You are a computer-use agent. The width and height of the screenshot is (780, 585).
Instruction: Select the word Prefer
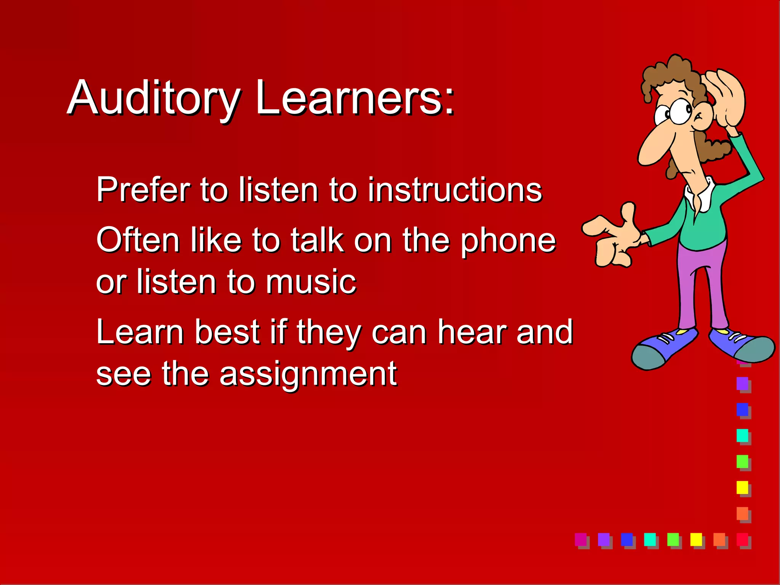tap(143, 189)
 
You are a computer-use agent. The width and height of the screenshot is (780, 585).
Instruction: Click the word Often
tap(138, 240)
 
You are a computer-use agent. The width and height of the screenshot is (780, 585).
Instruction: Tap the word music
tap(311, 282)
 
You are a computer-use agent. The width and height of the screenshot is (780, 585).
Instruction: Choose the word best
tap(227, 332)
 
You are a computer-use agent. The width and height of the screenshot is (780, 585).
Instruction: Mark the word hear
tap(472, 332)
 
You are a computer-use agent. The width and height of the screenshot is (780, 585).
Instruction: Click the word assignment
tap(308, 374)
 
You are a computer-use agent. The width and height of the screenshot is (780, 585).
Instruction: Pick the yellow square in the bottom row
tap(696, 539)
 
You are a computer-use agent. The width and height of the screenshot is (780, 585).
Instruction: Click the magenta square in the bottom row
tap(581, 539)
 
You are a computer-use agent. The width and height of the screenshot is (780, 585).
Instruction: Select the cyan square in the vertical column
tap(742, 435)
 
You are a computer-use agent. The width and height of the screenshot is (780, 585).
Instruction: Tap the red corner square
tap(742, 539)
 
